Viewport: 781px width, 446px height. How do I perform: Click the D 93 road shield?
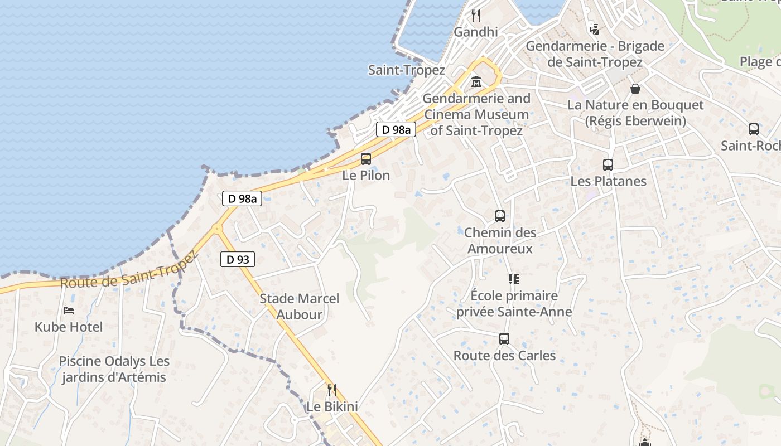[238, 259]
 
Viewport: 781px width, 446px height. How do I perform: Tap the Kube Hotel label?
[69, 327]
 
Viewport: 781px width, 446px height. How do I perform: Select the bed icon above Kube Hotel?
[69, 310]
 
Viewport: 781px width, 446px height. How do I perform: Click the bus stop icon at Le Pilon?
[366, 159]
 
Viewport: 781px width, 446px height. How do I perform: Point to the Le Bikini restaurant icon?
[332, 390]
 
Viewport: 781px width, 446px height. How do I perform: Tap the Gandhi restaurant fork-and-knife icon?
[476, 15]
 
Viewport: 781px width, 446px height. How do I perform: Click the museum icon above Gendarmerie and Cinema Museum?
[476, 82]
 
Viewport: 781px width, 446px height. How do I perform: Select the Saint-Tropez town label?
[406, 70]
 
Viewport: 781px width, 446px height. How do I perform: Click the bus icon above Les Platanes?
[608, 165]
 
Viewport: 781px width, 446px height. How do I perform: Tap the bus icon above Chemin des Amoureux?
[500, 216]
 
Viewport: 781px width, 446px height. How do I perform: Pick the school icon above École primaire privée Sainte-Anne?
[514, 279]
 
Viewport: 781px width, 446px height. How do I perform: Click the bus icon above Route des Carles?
[504, 339]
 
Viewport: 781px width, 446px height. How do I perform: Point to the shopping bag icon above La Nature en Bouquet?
[635, 88]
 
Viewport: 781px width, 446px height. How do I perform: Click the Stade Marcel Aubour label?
[300, 307]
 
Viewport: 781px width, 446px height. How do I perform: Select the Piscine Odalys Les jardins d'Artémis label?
[114, 369]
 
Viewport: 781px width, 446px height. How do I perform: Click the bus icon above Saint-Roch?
[754, 129]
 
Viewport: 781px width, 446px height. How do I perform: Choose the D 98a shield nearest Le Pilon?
[396, 130]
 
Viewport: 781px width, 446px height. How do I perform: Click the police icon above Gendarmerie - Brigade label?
[595, 29]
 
